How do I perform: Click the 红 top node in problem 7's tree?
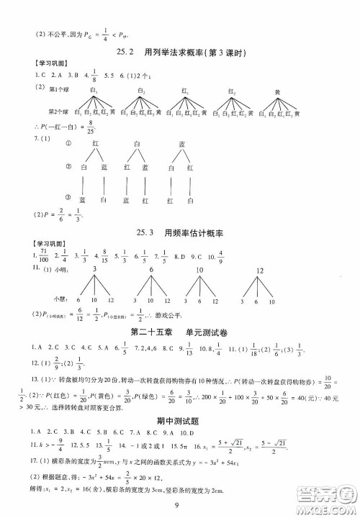(x=95, y=143)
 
